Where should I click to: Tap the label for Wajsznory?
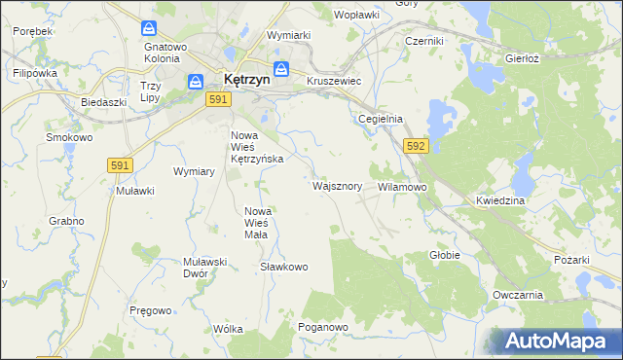click(338, 185)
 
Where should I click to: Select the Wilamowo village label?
click(402, 185)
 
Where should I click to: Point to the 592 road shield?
click(416, 146)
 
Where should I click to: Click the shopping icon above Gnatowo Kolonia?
click(149, 29)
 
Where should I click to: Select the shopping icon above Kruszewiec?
click(281, 68)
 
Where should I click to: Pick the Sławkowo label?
click(284, 267)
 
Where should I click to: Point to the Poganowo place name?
click(323, 328)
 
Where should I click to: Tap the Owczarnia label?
click(517, 295)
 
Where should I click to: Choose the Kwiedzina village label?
click(500, 200)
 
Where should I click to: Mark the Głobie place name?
click(444, 255)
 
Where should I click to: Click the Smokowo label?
click(69, 138)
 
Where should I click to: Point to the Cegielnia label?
click(380, 119)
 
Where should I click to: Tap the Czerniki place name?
click(424, 41)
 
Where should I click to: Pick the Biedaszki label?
click(104, 102)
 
